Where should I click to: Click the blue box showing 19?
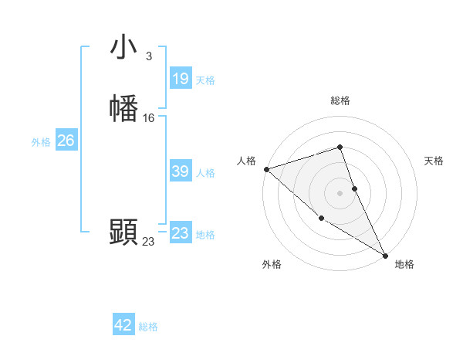(180, 78)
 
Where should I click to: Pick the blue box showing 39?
(180, 171)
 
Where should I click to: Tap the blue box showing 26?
(66, 141)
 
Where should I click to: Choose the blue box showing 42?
(123, 325)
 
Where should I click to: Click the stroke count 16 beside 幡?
(149, 118)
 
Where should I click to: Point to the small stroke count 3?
(148, 56)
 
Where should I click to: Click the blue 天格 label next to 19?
(205, 80)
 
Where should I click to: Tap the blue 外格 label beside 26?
(41, 142)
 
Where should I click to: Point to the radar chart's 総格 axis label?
(340, 100)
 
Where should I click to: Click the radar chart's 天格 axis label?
(434, 161)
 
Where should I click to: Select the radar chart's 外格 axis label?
(272, 265)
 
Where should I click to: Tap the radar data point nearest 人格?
(266, 168)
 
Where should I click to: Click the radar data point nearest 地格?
(385, 255)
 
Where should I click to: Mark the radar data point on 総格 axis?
(340, 147)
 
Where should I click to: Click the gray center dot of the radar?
(340, 192)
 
